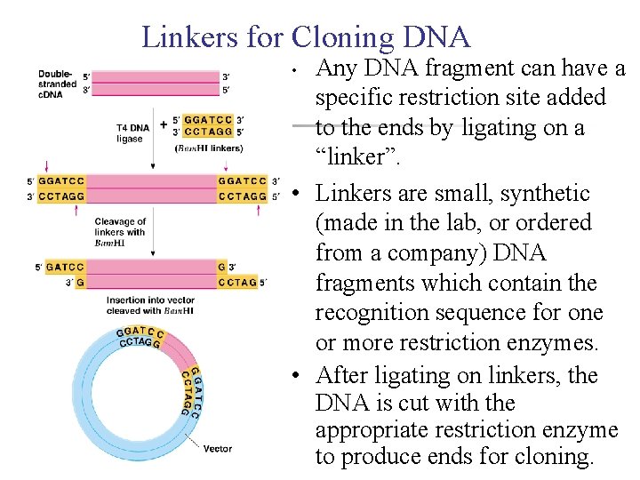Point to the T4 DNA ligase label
pos(132,133)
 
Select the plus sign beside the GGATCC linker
pos(164,125)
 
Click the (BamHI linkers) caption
pos(208,148)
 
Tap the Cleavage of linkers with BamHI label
pos(120,232)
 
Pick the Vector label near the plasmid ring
pos(218,449)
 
